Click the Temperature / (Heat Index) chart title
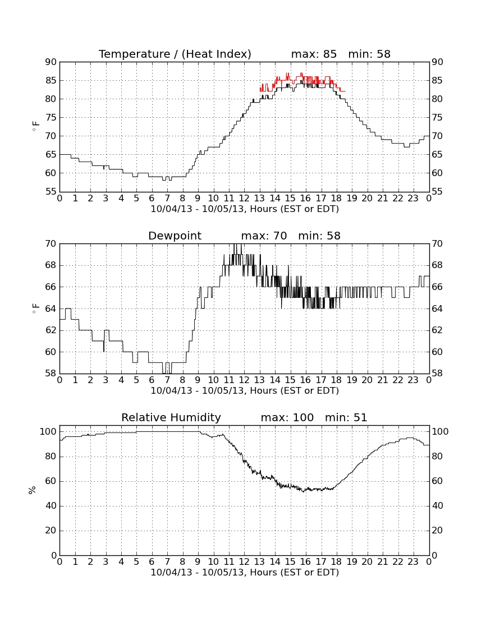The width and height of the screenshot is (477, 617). tap(175, 54)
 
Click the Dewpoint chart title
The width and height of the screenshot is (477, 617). tap(175, 236)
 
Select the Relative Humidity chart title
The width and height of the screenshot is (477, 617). tap(171, 418)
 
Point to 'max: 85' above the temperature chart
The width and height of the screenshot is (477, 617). tap(314, 54)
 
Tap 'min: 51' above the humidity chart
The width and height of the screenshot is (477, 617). tap(346, 418)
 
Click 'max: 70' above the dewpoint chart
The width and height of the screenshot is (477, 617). tap(264, 236)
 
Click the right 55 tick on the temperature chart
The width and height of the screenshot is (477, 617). tap(437, 192)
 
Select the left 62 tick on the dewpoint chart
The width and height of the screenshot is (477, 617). tap(51, 330)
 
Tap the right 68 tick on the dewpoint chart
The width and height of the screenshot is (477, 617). tap(437, 265)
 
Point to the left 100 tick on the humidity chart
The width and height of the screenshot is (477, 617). tap(48, 432)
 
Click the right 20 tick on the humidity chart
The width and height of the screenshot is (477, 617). tap(437, 531)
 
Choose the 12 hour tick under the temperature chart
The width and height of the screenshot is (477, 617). tap(244, 199)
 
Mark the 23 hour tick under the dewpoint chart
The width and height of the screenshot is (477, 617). tap(413, 380)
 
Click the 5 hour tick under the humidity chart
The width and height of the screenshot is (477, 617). tap(136, 562)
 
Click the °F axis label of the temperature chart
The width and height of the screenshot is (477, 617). tap(35, 126)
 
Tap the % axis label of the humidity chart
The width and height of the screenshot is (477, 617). tap(33, 490)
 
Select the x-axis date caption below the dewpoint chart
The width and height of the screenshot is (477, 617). tap(245, 391)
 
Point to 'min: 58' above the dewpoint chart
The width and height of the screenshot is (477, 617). tap(319, 236)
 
